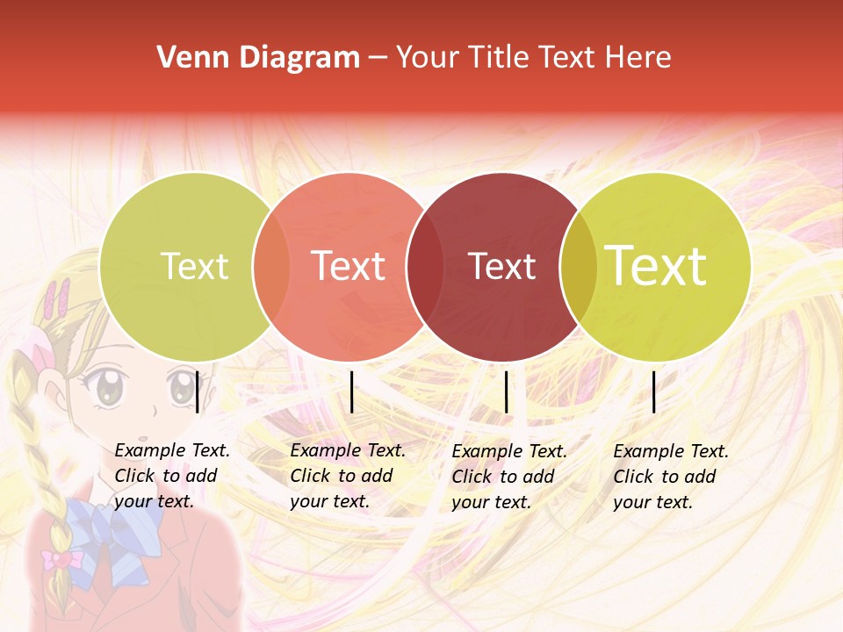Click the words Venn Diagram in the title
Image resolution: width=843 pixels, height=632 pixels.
pos(258,58)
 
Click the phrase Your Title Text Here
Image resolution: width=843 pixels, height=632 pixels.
pos(533,58)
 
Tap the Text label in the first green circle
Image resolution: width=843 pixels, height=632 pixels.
pos(194,266)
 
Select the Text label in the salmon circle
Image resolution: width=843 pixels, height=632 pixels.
pos(348,266)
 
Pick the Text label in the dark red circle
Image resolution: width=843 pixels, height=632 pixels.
pos(501,266)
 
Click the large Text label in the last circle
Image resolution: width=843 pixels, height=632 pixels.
pos(655,265)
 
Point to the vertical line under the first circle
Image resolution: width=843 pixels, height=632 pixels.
pos(198,391)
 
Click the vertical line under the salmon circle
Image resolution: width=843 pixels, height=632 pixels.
pos(351,391)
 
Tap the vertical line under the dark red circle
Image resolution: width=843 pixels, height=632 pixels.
pos(506,391)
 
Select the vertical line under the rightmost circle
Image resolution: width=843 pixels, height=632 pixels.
pos(654,391)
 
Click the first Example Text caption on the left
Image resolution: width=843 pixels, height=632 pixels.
pos(171,476)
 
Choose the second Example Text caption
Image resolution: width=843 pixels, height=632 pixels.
pos(347,476)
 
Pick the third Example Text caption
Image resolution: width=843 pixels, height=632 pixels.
pos(508,477)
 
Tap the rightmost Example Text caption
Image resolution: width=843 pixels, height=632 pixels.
pos(670,477)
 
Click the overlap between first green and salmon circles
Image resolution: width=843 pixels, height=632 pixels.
pos(271,266)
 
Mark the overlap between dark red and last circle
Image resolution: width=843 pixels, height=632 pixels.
pos(578,266)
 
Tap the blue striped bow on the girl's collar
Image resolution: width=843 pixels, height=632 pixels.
pos(114,526)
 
